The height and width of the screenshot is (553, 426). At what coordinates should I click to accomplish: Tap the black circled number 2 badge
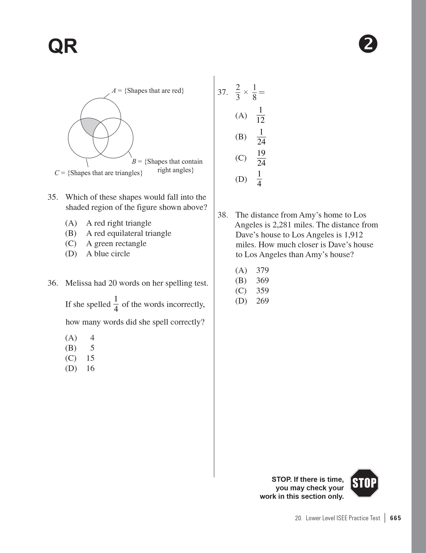click(x=368, y=45)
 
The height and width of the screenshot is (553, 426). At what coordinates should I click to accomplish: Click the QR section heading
click(x=63, y=47)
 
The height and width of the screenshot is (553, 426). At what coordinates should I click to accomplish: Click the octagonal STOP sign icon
click(x=364, y=483)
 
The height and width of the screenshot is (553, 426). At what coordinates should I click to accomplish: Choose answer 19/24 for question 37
click(x=261, y=158)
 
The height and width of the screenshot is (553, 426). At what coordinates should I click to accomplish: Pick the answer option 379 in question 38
click(x=262, y=270)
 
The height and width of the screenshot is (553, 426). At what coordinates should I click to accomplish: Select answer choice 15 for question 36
click(x=90, y=358)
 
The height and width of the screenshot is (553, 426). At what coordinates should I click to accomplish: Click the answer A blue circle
click(x=108, y=254)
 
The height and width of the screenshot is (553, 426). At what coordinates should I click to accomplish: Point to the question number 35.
click(x=52, y=197)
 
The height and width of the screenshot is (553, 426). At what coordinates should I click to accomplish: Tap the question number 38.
click(x=223, y=215)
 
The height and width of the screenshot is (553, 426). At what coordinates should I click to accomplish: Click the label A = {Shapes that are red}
click(x=148, y=91)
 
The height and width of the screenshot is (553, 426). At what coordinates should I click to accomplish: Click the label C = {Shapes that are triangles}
click(x=98, y=173)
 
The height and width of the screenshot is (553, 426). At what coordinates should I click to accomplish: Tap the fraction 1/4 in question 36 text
click(x=116, y=304)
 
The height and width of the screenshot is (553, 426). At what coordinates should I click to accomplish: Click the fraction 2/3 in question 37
click(x=238, y=92)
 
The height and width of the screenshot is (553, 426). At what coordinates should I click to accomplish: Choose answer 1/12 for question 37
click(x=261, y=115)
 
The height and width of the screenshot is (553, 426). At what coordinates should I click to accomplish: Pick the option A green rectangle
click(x=116, y=243)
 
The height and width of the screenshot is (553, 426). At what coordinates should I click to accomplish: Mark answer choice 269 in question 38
click(x=262, y=301)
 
